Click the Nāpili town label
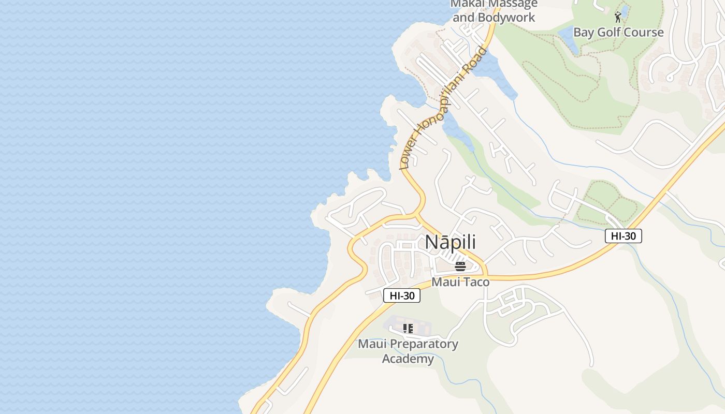[450, 242]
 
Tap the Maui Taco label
[460, 282]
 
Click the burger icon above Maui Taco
[460, 267]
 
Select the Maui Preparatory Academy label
[408, 351]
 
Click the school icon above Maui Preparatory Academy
[408, 329]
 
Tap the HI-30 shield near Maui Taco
[402, 295]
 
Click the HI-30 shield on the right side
[624, 236]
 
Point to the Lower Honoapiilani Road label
[444, 108]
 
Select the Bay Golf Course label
[618, 32]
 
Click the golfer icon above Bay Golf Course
[617, 17]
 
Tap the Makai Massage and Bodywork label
[494, 10]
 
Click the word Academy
[408, 359]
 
